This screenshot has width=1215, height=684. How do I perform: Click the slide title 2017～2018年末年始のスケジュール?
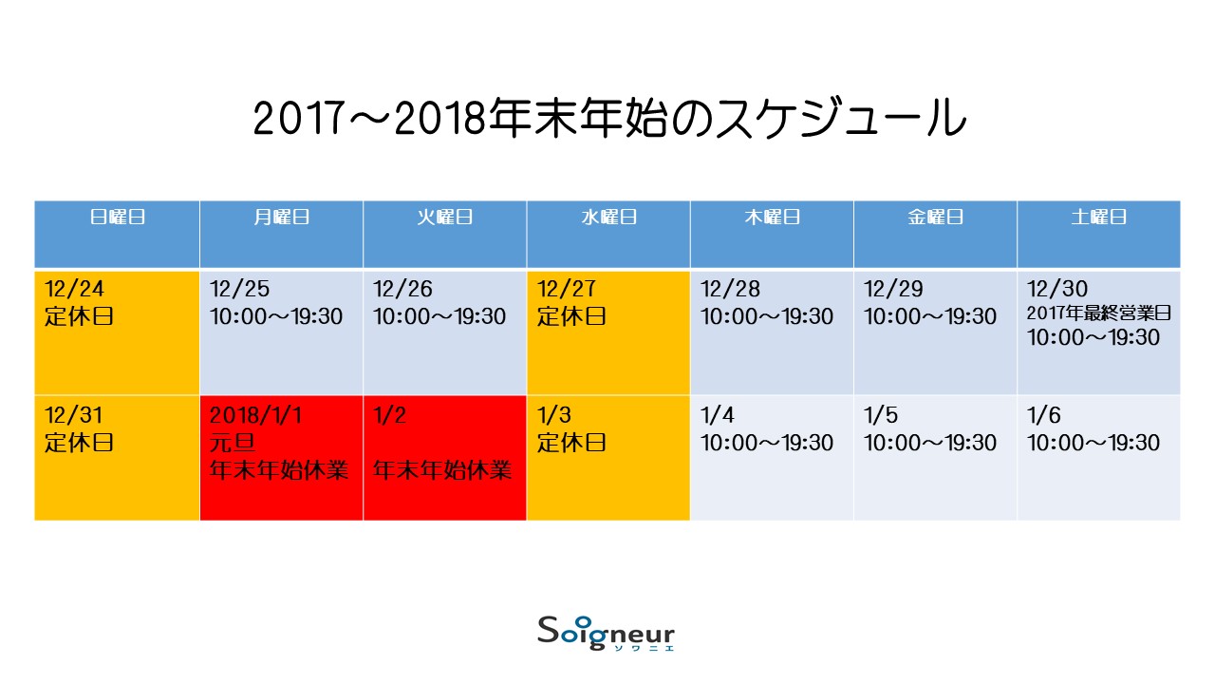tap(609, 118)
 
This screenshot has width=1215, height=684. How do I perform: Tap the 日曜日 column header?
tap(117, 218)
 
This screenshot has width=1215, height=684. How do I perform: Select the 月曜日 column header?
tap(282, 218)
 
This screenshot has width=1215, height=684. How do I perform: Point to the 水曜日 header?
tap(608, 218)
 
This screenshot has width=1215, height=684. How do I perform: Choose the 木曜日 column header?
tap(773, 218)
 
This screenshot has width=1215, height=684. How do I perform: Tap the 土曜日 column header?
tap(1099, 218)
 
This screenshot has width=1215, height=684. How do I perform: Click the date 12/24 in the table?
tap(74, 289)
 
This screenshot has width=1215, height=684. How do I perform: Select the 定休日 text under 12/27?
tap(571, 316)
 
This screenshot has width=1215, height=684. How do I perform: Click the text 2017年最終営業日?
tap(1099, 313)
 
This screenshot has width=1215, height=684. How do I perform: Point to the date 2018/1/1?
tap(255, 415)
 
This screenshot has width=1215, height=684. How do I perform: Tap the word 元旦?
tap(233, 443)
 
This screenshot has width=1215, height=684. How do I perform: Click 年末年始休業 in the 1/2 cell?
tap(442, 470)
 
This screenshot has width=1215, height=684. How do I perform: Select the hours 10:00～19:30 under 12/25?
tap(276, 316)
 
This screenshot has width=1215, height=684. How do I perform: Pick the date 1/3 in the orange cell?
tap(553, 415)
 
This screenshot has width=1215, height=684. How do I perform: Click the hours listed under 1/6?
tap(1093, 443)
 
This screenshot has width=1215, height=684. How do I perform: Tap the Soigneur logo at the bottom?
tap(606, 634)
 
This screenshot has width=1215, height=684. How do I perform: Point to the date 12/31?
tap(73, 415)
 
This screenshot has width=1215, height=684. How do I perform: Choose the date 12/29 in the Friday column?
tap(893, 289)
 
